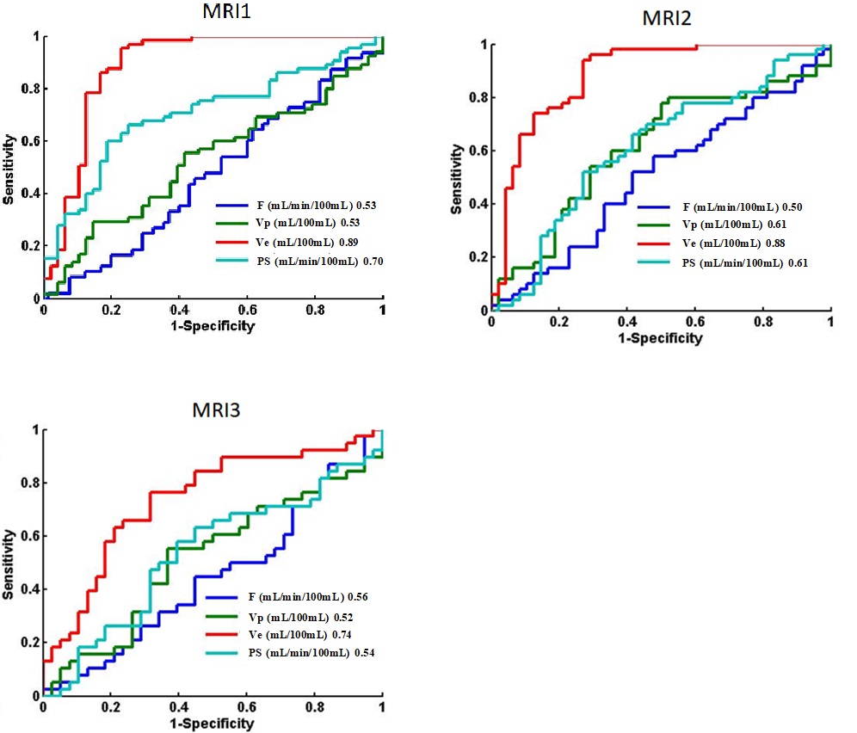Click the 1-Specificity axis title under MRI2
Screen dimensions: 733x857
[x=659, y=338]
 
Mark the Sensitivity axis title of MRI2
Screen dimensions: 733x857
[x=457, y=178]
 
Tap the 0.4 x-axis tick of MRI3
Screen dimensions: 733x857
[x=179, y=706]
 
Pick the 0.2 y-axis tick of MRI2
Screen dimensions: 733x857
[x=478, y=258]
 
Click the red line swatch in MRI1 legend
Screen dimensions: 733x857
[x=232, y=243]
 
